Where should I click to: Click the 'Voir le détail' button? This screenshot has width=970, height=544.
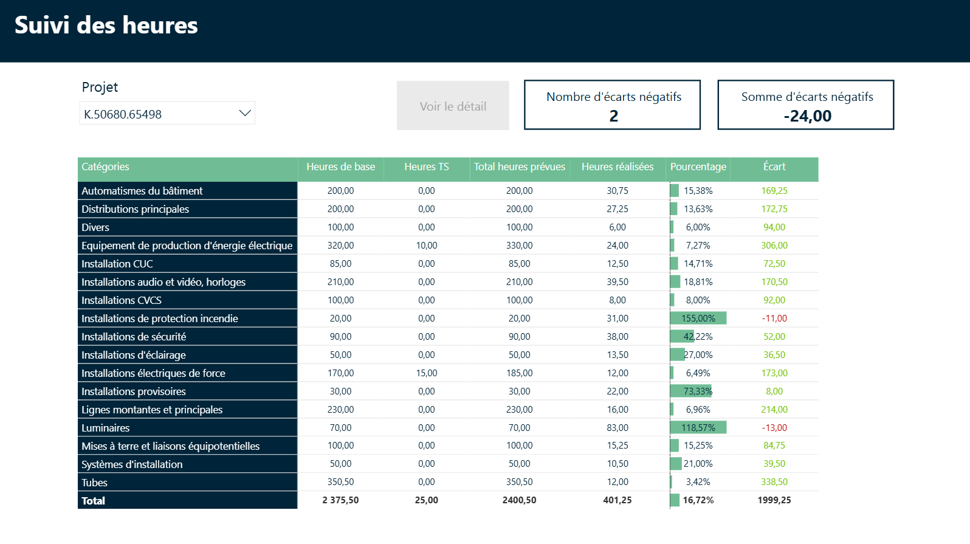[x=453, y=106]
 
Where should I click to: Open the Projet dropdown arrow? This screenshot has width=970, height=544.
[x=245, y=113]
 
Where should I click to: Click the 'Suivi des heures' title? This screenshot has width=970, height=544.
[x=106, y=26]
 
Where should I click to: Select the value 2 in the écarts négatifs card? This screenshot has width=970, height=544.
[x=613, y=116]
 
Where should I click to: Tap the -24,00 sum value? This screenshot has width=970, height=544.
[x=807, y=116]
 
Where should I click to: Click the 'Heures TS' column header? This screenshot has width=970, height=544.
[x=426, y=167]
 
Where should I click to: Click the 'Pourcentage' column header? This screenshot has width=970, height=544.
[x=698, y=167]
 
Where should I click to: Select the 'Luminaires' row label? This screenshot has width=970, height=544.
[x=106, y=428]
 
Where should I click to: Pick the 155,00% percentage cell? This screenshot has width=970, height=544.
[x=698, y=318]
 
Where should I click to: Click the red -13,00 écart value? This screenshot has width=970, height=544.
[x=774, y=428]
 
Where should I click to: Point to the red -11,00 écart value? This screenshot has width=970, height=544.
[x=774, y=318]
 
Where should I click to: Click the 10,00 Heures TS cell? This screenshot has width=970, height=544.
[x=426, y=246]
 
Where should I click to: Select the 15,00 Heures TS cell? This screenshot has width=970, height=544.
[x=426, y=373]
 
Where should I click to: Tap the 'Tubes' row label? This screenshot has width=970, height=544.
[x=95, y=483]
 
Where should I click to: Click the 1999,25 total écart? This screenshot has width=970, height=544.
[x=774, y=500]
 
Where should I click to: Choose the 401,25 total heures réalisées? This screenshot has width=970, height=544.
[x=617, y=500]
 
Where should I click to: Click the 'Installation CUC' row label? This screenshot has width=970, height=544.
[x=117, y=264]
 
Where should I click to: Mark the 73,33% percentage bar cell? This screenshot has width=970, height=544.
[x=697, y=391]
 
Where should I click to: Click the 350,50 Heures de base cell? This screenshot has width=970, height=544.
[x=340, y=482]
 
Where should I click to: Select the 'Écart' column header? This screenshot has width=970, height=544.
[x=774, y=167]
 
